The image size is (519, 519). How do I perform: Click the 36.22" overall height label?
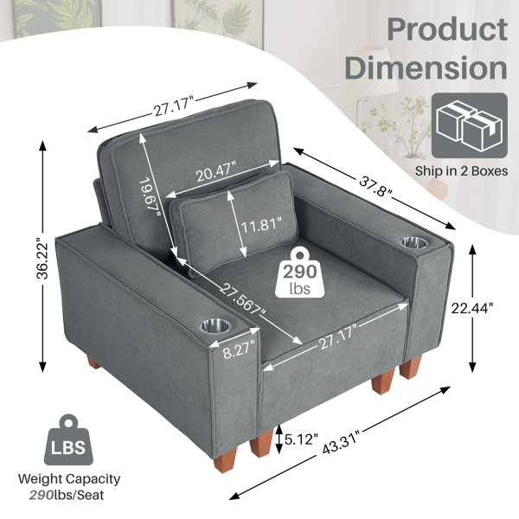click(42, 256)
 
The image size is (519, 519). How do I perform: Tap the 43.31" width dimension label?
click(340, 441)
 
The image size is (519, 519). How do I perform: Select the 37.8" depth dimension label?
click(376, 186)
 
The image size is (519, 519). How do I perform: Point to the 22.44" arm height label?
click(472, 309)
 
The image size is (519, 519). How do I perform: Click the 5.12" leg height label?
click(301, 439)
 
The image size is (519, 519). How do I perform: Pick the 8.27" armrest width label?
click(239, 349)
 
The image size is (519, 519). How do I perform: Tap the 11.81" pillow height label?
click(261, 226)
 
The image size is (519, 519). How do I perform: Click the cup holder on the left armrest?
click(215, 326)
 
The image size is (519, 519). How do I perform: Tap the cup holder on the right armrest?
click(414, 242)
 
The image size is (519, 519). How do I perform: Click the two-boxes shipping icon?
click(470, 125)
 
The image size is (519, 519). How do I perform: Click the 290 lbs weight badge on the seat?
click(299, 272)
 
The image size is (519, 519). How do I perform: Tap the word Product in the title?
click(447, 29)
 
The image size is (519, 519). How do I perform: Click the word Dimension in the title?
click(426, 67)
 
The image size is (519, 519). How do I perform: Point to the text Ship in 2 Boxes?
click(461, 171)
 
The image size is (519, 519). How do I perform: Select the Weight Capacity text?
click(69, 478)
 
